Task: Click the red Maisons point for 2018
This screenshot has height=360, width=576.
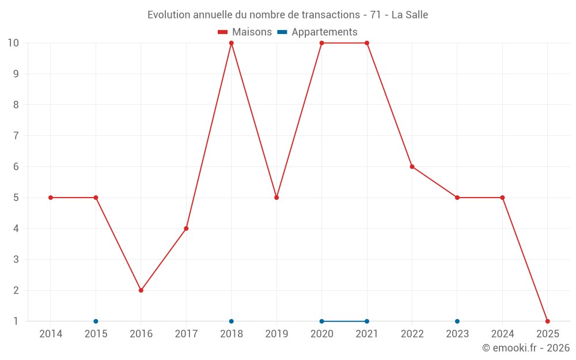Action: pyautogui.click(x=232, y=43)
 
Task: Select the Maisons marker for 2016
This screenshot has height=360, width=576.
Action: pyautogui.click(x=141, y=290)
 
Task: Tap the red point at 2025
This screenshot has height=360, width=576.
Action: pyautogui.click(x=547, y=321)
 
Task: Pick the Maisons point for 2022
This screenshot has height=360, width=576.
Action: pyautogui.click(x=412, y=166)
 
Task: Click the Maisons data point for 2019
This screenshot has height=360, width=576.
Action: pyautogui.click(x=276, y=198)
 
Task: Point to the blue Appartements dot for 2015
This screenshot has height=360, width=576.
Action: pyautogui.click(x=96, y=321)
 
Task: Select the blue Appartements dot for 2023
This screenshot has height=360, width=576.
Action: pyautogui.click(x=457, y=321)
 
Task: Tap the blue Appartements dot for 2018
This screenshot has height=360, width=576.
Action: pyautogui.click(x=232, y=321)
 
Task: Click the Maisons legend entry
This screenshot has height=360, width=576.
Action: pyautogui.click(x=245, y=32)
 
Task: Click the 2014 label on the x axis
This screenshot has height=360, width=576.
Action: pyautogui.click(x=51, y=334)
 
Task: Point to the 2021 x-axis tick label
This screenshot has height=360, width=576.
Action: pyautogui.click(x=367, y=334)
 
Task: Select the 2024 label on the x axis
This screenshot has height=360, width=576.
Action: pyautogui.click(x=502, y=334)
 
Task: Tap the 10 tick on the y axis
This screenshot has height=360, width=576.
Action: pyautogui.click(x=13, y=43)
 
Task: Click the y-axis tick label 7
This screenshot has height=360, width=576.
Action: pyautogui.click(x=16, y=136)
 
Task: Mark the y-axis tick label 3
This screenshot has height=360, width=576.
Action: pyautogui.click(x=16, y=259)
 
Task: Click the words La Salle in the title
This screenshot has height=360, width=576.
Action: pyautogui.click(x=410, y=15)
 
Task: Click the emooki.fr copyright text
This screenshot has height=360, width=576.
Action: pyautogui.click(x=526, y=348)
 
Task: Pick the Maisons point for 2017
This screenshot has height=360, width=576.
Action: pyautogui.click(x=186, y=229)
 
